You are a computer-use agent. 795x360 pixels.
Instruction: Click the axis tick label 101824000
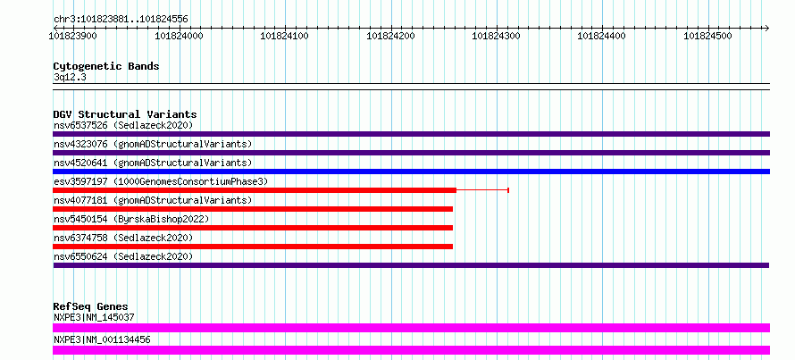click(179, 36)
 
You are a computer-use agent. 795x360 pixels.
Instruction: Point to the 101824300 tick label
click(497, 36)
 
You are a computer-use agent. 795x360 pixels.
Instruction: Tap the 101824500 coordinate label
click(708, 36)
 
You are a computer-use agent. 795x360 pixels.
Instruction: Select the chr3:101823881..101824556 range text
click(121, 20)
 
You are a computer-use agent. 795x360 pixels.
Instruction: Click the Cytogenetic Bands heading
click(106, 66)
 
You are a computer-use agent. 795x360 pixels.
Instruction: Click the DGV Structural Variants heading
click(125, 114)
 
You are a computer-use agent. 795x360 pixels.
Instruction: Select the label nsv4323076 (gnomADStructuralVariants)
click(153, 144)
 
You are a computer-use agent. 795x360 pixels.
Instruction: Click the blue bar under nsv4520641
click(411, 172)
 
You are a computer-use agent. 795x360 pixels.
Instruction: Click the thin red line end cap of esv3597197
click(508, 190)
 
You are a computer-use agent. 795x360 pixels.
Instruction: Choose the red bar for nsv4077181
click(253, 209)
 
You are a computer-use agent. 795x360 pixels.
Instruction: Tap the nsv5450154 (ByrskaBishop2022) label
click(131, 219)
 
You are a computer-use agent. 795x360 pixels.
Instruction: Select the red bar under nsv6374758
click(253, 247)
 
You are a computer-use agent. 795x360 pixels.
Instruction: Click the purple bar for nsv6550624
click(411, 265)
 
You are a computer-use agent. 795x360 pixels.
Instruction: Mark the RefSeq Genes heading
click(91, 306)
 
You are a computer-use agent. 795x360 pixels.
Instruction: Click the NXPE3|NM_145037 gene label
click(94, 317)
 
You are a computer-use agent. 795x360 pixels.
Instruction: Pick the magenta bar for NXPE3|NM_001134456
click(411, 350)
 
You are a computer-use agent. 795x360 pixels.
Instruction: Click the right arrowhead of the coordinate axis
click(767, 28)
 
